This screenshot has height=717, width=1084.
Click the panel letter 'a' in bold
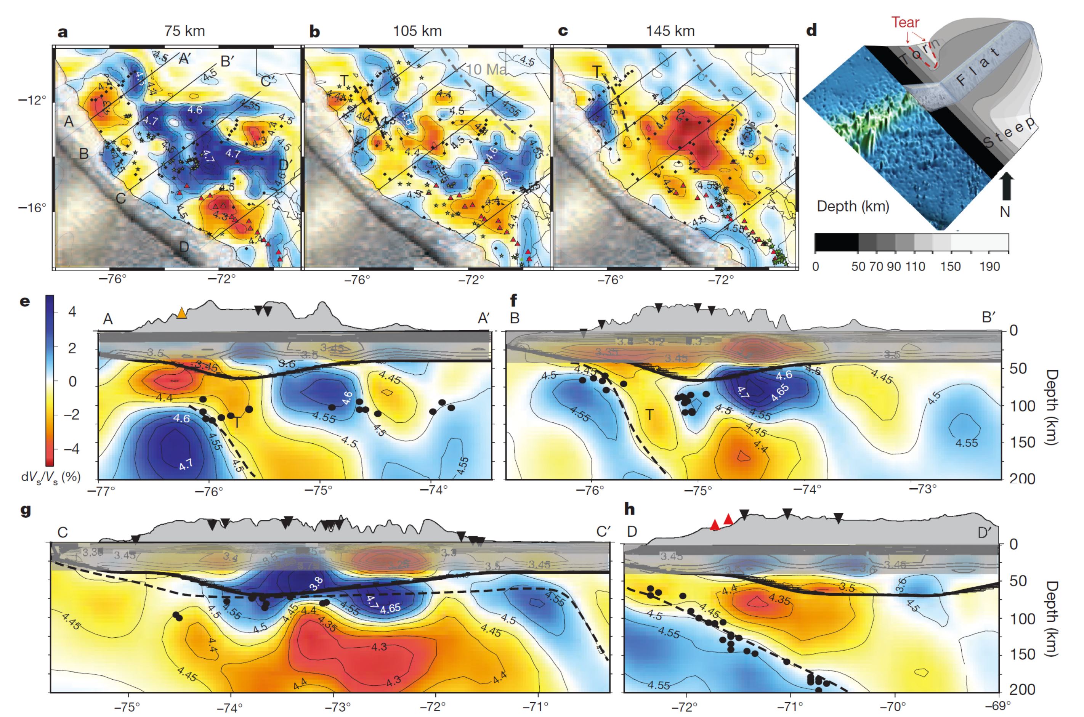[63, 32]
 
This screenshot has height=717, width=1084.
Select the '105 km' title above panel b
[417, 31]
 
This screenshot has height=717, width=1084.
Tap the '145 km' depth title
[670, 31]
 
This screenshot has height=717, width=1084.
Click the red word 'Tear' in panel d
[905, 22]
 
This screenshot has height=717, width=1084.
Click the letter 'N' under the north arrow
[1005, 212]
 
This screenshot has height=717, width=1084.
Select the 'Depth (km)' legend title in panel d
[853, 206]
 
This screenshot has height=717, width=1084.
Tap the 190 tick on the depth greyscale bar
[989, 266]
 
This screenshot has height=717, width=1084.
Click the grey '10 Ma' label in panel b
[486, 69]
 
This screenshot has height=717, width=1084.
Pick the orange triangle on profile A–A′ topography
[182, 313]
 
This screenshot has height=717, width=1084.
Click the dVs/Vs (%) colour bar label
[51, 477]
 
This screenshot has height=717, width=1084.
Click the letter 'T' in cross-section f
[649, 415]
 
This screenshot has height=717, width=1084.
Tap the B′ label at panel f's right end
[988, 318]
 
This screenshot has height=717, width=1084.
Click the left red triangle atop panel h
[715, 525]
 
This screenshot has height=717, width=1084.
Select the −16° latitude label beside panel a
[32, 208]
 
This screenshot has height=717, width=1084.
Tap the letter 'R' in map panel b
[489, 92]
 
